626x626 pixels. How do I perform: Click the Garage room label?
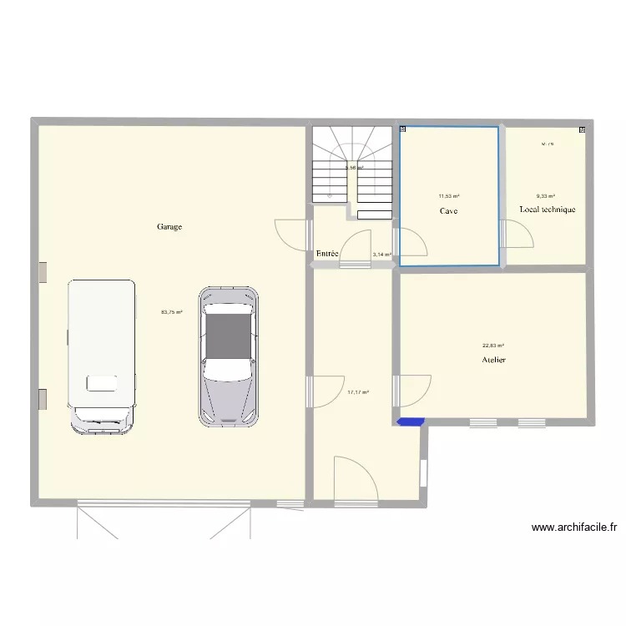[x=169, y=226]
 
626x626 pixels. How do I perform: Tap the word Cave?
[x=449, y=211]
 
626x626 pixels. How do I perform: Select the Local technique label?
[x=547, y=210]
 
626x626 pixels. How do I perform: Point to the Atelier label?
[x=493, y=360]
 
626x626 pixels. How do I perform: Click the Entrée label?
[x=327, y=253]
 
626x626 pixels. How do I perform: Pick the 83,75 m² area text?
[x=171, y=312]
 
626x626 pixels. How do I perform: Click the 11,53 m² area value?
[x=449, y=197]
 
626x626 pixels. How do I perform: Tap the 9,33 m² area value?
[x=547, y=197]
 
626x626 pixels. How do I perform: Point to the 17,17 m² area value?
[x=358, y=391]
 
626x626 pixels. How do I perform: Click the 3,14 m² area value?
[x=381, y=255]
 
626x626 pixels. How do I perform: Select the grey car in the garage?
[x=228, y=357]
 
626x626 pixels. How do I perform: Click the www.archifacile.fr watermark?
[x=573, y=528]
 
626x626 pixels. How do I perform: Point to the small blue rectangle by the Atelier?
[x=410, y=422]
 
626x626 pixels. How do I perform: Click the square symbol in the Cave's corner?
[x=403, y=129]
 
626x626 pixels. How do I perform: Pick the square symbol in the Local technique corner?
[x=582, y=130]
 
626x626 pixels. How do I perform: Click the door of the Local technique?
[x=517, y=235]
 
